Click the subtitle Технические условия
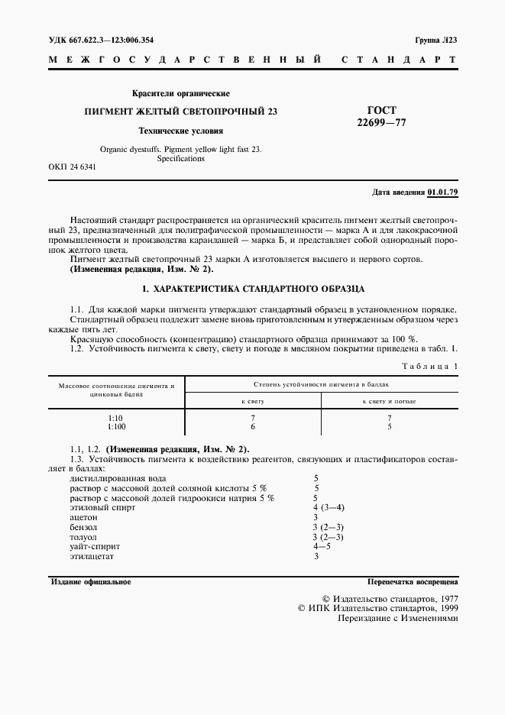point(180,130)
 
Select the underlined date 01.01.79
point(442,192)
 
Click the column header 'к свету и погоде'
point(389,400)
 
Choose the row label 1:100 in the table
point(118,426)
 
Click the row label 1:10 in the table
point(116,418)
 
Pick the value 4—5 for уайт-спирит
point(322,547)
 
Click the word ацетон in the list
point(84,517)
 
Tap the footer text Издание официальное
point(90,582)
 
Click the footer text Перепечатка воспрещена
point(412,582)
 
